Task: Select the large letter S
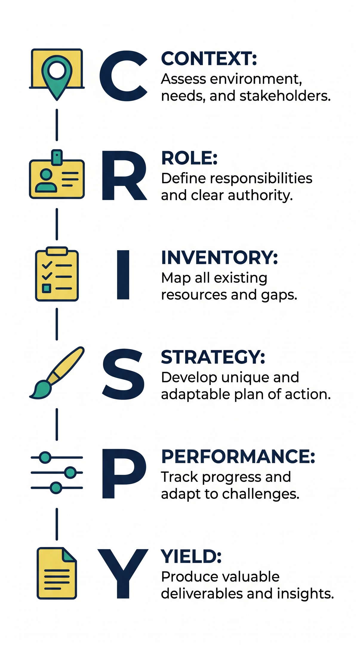click(123, 374)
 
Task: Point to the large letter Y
click(123, 574)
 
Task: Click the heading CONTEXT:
click(209, 59)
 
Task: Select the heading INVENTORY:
click(219, 257)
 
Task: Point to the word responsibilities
click(261, 179)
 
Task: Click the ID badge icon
click(57, 175)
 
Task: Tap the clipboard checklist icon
click(57, 274)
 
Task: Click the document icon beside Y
click(57, 573)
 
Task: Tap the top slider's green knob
click(45, 457)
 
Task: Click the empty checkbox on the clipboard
click(46, 288)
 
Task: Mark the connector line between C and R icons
click(57, 125)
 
